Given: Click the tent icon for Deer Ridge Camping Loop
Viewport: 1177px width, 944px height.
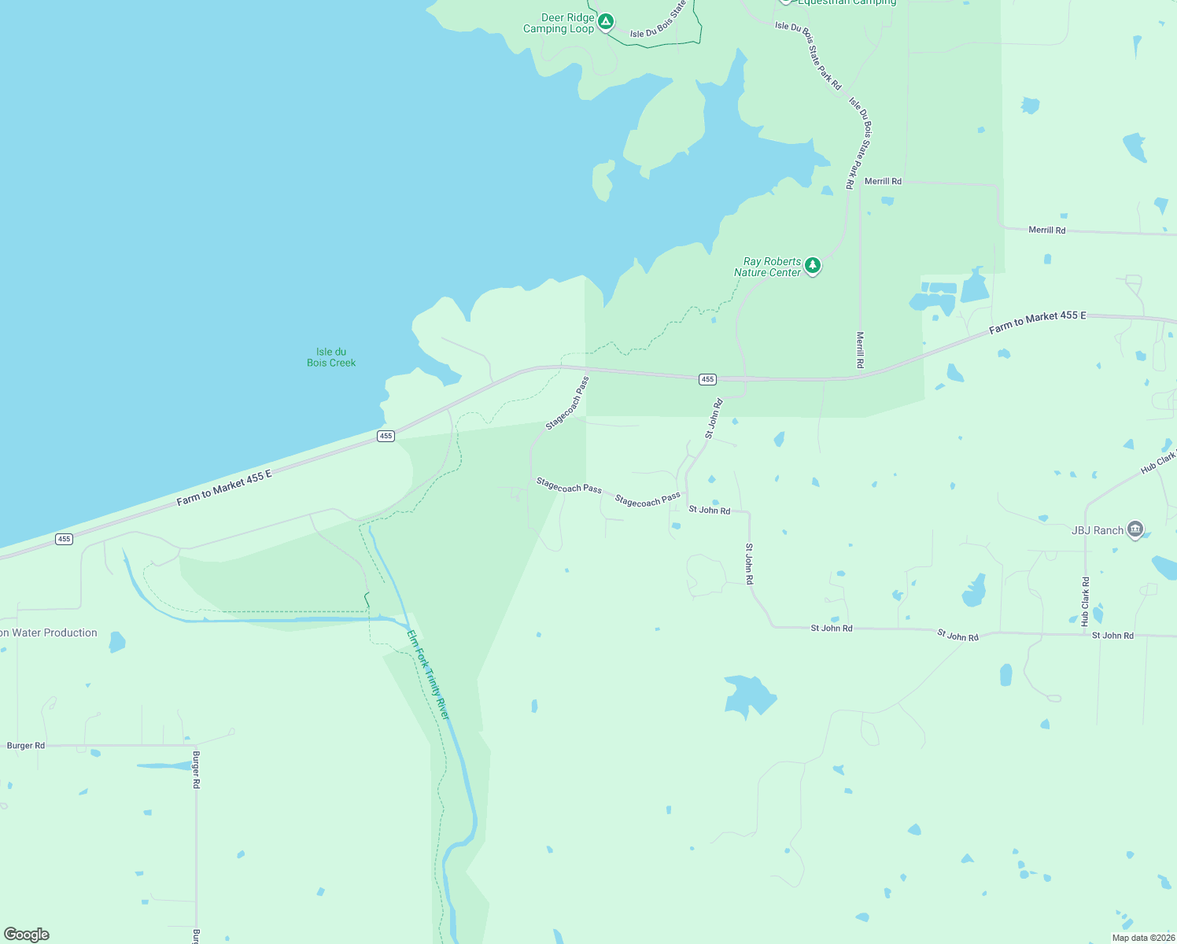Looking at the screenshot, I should [605, 21].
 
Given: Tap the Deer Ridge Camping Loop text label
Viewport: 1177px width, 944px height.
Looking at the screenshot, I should [559, 24].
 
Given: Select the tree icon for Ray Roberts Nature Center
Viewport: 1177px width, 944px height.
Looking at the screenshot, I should [813, 266].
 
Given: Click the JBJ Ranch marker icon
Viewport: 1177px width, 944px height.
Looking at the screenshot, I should [1135, 529].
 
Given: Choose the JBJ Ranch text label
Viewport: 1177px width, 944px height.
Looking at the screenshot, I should [1098, 530].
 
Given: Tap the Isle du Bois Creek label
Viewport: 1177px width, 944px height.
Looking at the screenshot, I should [331, 357].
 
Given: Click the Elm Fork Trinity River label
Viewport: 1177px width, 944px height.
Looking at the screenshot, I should [428, 674].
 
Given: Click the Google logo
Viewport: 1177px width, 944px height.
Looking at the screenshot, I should [26, 935].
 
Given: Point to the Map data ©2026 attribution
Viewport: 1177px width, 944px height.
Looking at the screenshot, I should [1142, 938].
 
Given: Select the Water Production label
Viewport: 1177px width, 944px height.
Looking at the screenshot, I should [49, 632].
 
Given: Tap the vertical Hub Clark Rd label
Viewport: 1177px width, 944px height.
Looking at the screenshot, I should [1086, 601].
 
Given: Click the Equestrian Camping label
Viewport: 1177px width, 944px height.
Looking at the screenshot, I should [847, 2].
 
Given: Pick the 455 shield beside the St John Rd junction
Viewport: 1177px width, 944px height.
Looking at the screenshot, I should [707, 379].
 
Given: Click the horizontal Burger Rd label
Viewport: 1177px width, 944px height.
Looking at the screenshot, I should [26, 746].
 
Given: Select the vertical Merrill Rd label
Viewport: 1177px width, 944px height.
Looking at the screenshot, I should [860, 350].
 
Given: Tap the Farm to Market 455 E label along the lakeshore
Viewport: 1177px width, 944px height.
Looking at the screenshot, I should [224, 487].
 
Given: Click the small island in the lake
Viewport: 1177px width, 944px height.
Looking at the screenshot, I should [603, 180].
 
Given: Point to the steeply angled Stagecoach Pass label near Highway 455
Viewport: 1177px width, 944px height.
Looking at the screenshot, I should [567, 404].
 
